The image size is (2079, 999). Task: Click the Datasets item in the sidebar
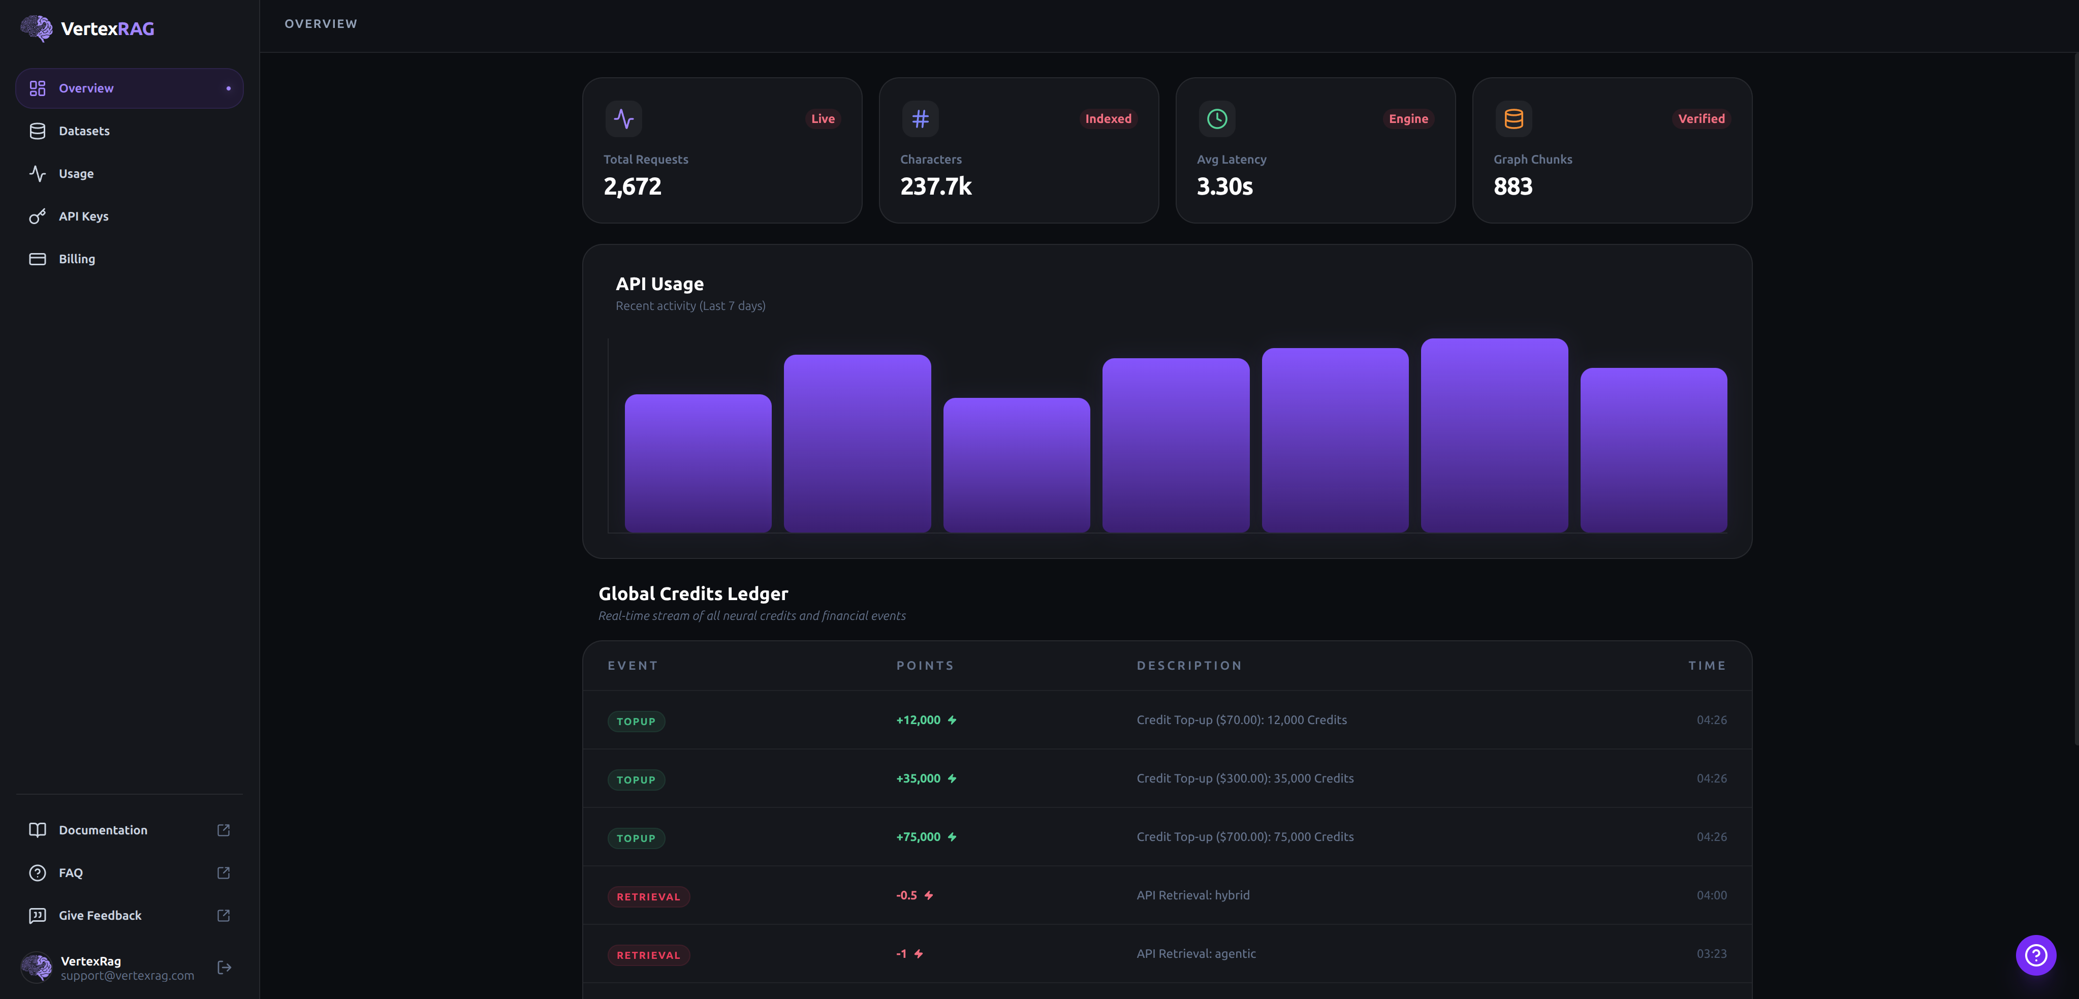pos(84,131)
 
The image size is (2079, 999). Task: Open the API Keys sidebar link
pos(83,216)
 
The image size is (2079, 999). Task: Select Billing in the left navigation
pos(77,259)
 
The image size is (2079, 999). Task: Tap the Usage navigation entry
pos(76,173)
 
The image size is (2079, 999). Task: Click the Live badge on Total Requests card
pos(823,118)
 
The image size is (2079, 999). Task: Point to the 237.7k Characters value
pos(935,186)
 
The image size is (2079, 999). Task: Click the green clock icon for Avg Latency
pos(1216,118)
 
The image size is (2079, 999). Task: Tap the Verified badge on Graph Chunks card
pos(1700,118)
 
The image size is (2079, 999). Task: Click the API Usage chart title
pos(659,284)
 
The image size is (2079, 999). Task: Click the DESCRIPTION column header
pos(1189,666)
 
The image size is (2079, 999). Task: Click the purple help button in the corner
pos(2035,955)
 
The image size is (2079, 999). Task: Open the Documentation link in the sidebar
pos(103,830)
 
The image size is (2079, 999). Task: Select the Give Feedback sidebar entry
pos(100,915)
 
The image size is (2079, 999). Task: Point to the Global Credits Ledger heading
pos(692,594)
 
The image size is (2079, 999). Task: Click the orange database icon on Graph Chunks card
pos(1513,118)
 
